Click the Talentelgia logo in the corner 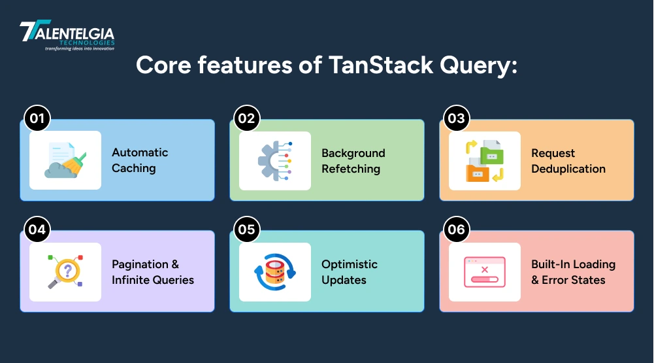coord(67,36)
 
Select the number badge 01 coord(37,118)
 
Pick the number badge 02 coord(247,118)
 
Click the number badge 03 coord(456,118)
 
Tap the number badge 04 coord(37,230)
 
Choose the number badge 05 coord(247,230)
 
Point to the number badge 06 coord(456,230)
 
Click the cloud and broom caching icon coord(65,160)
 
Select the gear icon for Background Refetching coord(274,160)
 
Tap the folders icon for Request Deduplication coord(484,160)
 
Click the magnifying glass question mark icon coord(65,271)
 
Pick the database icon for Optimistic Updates coord(274,271)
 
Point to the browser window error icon coord(484,271)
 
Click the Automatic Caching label coord(139,160)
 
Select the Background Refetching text coord(353,161)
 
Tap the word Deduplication coord(568,169)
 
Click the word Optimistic coord(349,264)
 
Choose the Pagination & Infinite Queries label coord(152,272)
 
